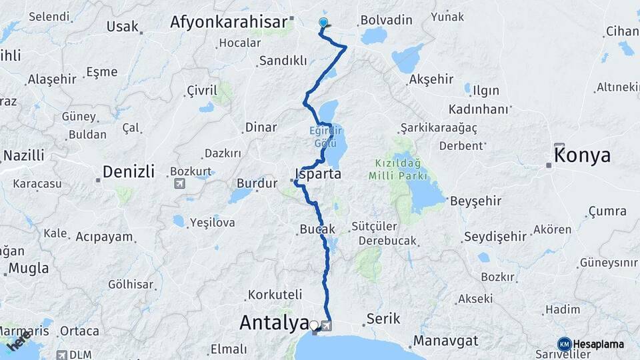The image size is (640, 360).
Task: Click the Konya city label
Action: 582,155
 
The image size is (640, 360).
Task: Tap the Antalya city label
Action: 273,323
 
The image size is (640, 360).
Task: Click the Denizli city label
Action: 129,172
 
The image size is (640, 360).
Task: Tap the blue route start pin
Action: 323,23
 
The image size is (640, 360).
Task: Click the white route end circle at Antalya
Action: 314,325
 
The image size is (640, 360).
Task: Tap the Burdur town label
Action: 257,183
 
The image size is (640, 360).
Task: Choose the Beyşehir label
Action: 474,201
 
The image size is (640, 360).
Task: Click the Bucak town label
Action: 317,229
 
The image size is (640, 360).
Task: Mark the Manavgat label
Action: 446,341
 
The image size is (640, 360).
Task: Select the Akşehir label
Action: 431,79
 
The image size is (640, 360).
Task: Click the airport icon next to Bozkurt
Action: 179,183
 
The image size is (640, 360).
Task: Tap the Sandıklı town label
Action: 283,61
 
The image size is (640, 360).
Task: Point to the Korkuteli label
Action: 275,294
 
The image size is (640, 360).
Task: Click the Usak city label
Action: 123,27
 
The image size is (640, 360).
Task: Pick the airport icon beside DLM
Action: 62,355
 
